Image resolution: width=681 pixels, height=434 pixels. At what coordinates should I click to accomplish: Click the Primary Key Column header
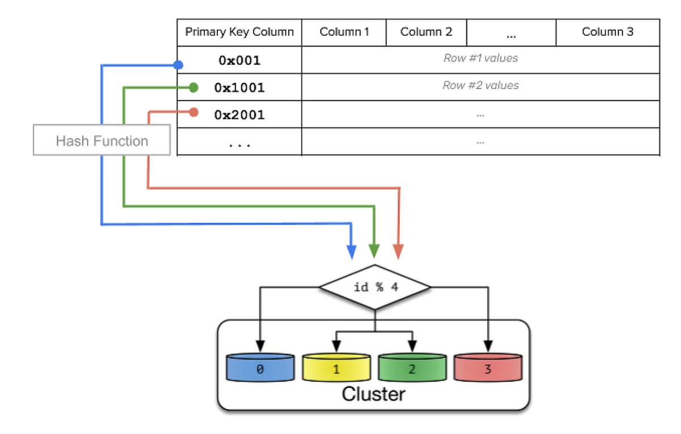239,32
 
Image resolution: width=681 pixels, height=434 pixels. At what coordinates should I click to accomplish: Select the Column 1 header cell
344,32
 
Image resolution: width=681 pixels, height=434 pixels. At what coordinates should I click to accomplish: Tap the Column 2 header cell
426,32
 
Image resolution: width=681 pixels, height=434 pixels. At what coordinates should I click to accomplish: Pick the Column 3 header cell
607,32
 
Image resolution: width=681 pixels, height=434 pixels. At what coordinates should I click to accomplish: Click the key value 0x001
239,60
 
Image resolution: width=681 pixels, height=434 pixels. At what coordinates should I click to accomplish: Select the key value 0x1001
239,88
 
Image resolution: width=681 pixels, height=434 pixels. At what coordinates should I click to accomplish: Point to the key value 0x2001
239,115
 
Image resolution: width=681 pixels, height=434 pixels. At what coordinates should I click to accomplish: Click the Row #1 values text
480,58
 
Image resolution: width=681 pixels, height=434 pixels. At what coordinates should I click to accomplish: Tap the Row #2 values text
480,86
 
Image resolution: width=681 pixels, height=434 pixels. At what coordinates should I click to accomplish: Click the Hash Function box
102,141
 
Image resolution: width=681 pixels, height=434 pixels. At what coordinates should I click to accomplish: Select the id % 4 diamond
375,287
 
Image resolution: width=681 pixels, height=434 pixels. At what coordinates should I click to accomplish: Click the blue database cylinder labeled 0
260,368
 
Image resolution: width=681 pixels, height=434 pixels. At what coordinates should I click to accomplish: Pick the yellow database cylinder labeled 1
336,368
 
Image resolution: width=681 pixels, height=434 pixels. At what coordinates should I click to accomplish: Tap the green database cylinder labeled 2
412,368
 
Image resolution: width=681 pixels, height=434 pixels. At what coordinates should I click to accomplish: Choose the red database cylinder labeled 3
488,368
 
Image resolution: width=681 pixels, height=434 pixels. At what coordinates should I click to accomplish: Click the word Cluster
373,394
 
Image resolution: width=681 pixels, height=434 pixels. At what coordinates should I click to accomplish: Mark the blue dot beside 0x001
178,65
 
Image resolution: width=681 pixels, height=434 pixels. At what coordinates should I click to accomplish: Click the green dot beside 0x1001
194,87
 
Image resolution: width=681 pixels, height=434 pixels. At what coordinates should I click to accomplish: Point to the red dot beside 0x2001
194,112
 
